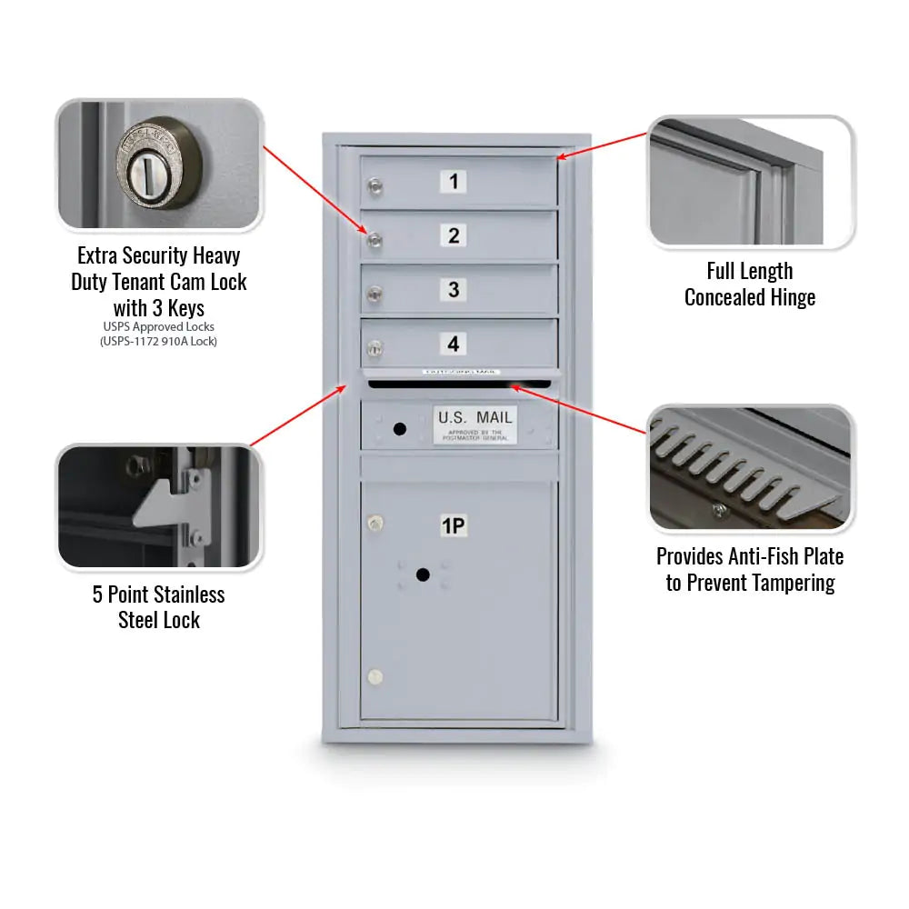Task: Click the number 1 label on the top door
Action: point(454,181)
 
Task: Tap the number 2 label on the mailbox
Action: point(454,235)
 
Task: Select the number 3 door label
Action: point(454,290)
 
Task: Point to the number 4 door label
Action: point(453,344)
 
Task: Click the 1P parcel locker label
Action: point(454,525)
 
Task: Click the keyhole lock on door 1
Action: point(375,187)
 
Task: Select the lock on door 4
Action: point(374,347)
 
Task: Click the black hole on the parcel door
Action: point(422,574)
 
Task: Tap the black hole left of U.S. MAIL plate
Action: point(398,427)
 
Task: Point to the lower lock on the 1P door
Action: point(374,677)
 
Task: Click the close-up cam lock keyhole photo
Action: point(159,165)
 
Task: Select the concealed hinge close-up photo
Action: point(750,182)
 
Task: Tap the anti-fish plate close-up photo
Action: point(750,468)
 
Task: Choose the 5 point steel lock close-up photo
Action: point(159,507)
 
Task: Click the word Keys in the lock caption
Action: point(185,307)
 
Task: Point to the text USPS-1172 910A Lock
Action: point(159,341)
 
